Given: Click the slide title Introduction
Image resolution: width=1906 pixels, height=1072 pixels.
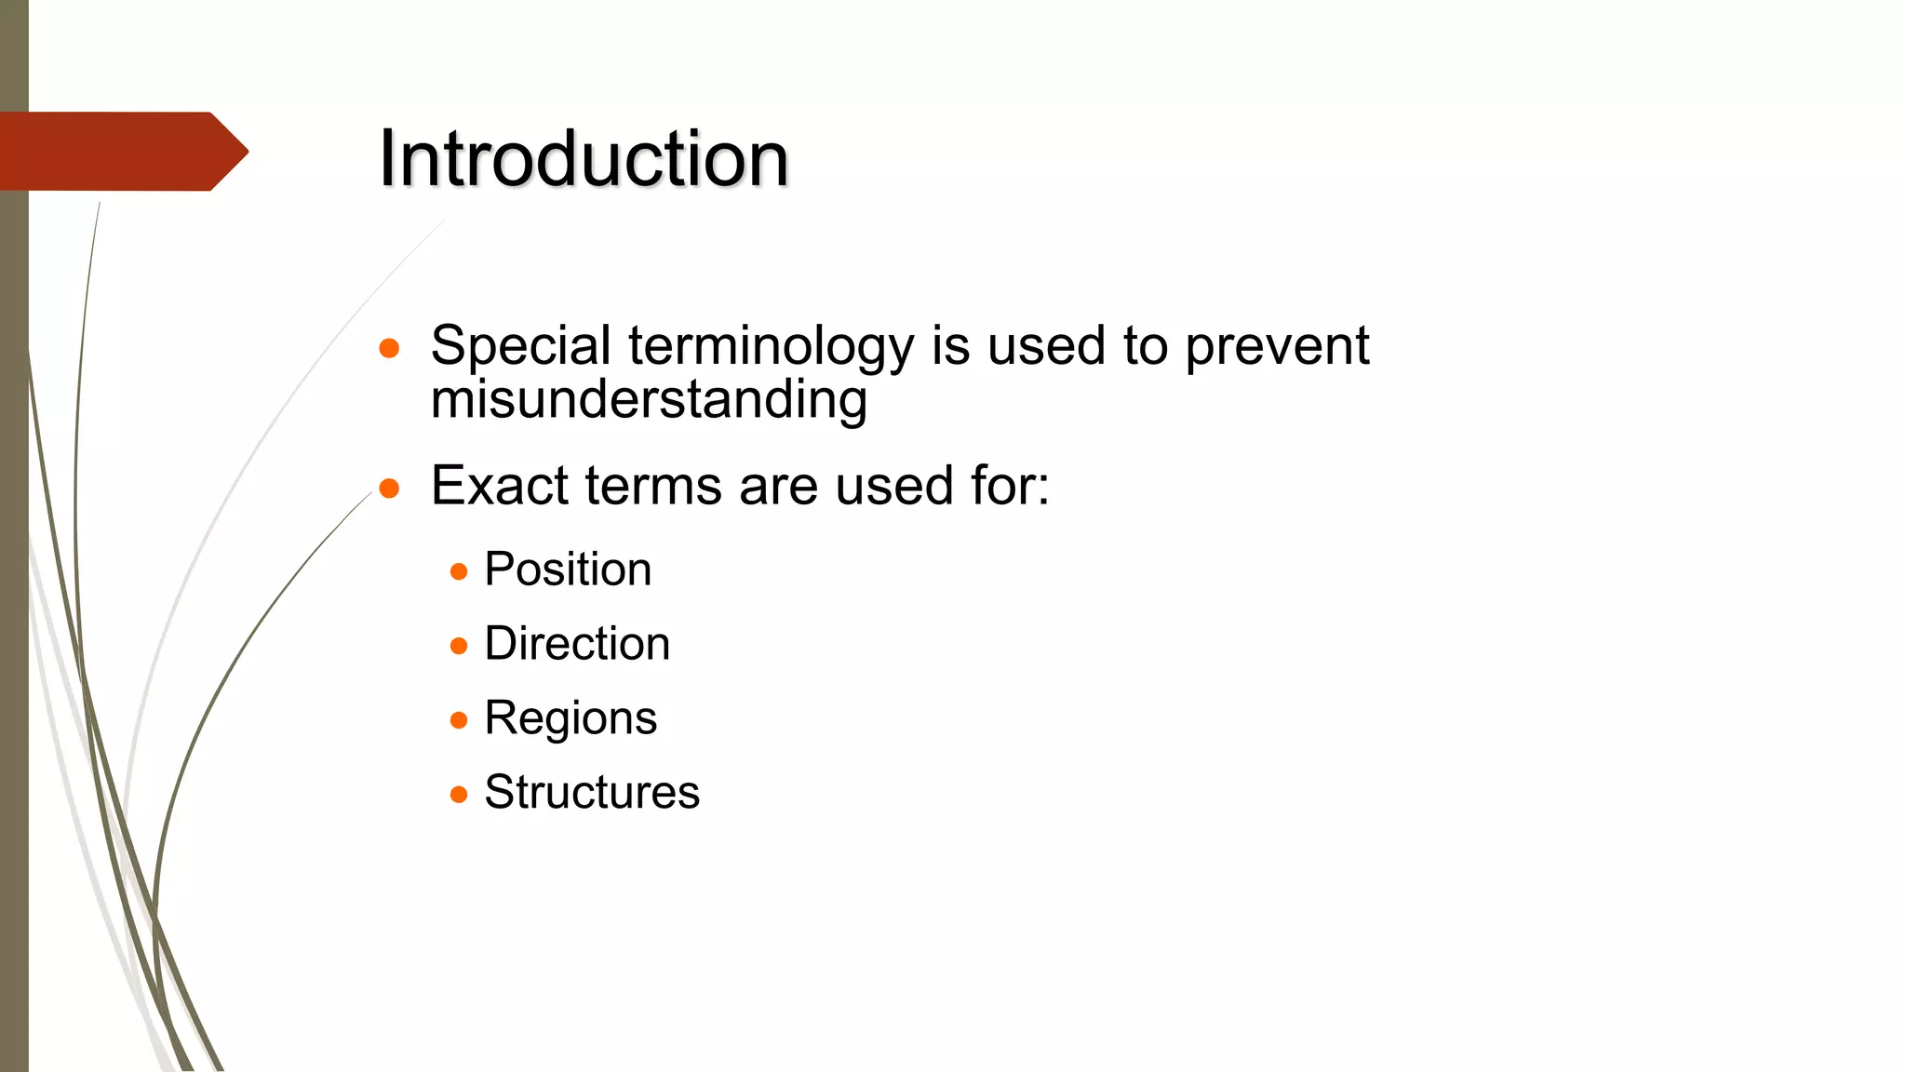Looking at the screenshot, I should click(584, 158).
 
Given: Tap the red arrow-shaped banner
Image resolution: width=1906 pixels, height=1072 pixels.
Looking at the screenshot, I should click(121, 152).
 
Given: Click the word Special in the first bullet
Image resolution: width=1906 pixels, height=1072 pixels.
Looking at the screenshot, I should click(520, 346).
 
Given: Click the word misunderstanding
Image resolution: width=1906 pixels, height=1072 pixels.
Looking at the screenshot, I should click(649, 400).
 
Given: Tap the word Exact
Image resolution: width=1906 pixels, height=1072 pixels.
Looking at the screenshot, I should click(498, 486).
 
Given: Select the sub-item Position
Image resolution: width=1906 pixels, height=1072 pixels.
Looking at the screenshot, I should click(568, 569).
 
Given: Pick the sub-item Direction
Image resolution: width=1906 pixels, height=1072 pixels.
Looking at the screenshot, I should click(577, 644).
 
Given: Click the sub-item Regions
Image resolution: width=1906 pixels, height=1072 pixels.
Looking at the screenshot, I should click(570, 718).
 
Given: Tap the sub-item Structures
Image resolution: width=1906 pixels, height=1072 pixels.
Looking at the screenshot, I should click(592, 793).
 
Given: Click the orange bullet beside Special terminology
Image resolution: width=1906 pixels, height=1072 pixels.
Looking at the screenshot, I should click(390, 349).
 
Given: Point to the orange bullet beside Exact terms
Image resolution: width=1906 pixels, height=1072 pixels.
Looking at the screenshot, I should click(390, 489).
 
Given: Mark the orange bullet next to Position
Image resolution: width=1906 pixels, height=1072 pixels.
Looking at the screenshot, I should click(459, 571).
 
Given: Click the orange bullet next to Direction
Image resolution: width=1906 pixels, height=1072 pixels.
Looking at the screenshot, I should click(459, 646).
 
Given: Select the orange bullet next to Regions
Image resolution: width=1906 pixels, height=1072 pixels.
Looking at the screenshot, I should click(459, 720).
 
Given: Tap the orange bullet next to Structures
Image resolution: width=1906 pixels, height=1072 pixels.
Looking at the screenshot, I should click(459, 795).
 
